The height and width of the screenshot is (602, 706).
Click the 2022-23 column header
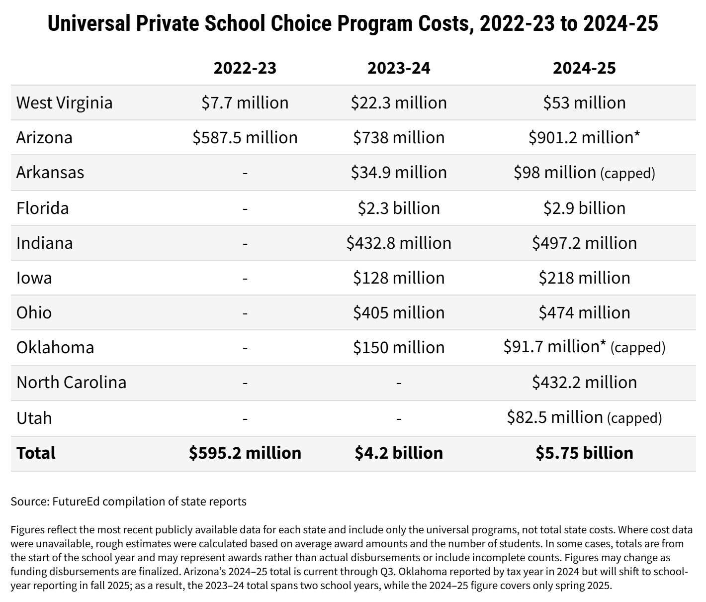[245, 68]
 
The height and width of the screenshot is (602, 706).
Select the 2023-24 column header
[399, 68]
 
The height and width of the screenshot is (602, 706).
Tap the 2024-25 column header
[584, 68]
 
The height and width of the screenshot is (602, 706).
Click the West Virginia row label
[65, 103]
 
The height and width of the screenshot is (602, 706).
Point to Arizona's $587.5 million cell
[245, 137]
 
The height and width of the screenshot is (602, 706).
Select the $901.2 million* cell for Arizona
[584, 137]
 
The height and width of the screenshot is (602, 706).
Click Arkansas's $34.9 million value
[399, 172]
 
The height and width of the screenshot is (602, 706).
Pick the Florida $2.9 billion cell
[584, 208]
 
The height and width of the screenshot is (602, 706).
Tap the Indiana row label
[44, 243]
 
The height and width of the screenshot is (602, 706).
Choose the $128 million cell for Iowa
[399, 278]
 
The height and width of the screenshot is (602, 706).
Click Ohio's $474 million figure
[584, 313]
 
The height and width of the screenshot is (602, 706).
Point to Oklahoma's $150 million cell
[399, 348]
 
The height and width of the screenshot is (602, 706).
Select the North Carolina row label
[72, 382]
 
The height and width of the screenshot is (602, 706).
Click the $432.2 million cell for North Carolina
[584, 382]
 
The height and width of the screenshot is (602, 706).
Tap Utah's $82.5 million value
[555, 417]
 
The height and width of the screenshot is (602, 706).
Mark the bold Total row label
[36, 453]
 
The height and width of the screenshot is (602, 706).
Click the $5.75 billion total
[584, 453]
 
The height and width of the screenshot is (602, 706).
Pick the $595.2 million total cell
[245, 453]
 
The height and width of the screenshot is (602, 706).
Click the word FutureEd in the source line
[76, 502]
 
